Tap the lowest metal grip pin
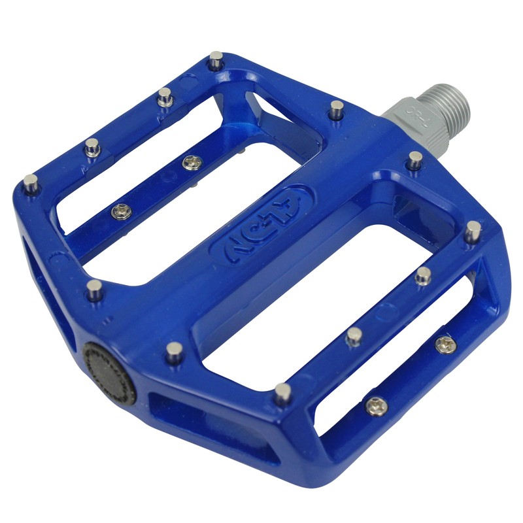click(282, 392)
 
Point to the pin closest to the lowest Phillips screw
click(354, 336)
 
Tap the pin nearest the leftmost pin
click(93, 146)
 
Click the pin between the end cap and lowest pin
click(175, 351)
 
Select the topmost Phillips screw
click(192, 162)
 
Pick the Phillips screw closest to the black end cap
click(120, 211)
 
